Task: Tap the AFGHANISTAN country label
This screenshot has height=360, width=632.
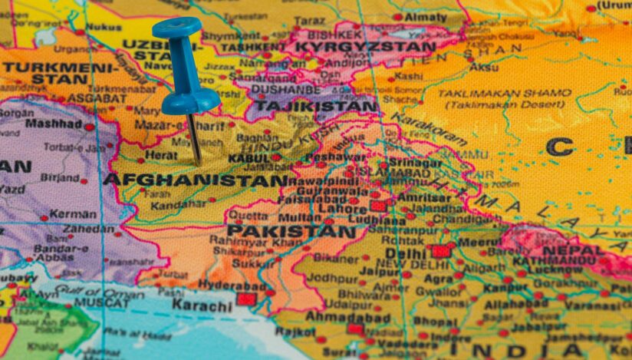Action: point(195,180)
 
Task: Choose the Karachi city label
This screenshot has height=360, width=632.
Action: point(201,305)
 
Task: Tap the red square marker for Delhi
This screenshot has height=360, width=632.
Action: point(440,251)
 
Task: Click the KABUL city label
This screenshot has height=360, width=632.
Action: point(249,157)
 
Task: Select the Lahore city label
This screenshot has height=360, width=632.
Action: point(342,208)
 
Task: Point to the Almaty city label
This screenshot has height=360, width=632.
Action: point(425,17)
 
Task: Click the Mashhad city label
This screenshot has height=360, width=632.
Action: point(53,123)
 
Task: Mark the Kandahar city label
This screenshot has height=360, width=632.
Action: point(178,205)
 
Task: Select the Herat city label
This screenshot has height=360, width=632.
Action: point(161,154)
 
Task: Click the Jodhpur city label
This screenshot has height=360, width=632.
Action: point(332,278)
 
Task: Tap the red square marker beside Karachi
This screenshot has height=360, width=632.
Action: point(245,299)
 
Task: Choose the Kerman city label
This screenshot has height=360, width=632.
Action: point(73,214)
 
